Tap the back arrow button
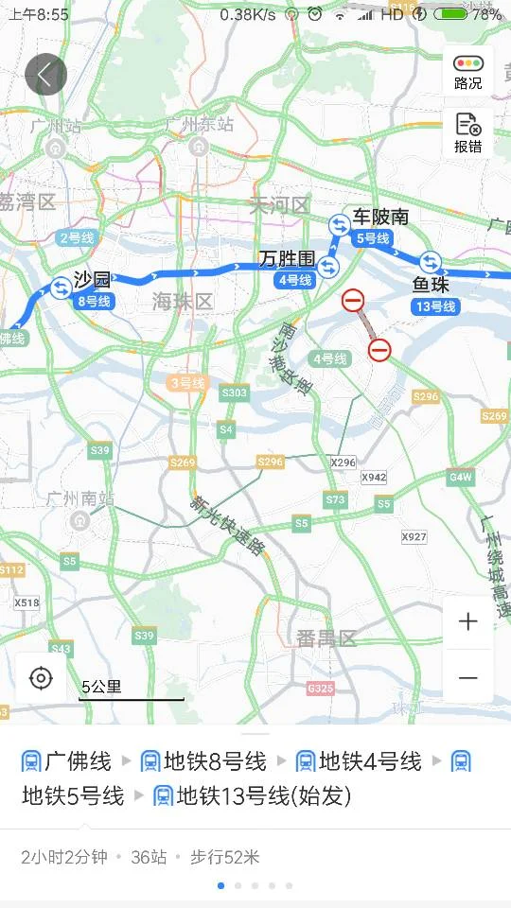pyautogui.click(x=45, y=74)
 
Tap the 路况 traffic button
pyautogui.click(x=467, y=71)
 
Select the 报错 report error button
pyautogui.click(x=467, y=133)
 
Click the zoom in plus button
pyautogui.click(x=467, y=621)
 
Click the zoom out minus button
pyautogui.click(x=467, y=678)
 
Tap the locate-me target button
pyautogui.click(x=41, y=678)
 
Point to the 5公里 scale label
pyautogui.click(x=101, y=688)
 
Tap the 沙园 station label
pyautogui.click(x=93, y=280)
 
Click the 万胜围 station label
pyautogui.click(x=287, y=258)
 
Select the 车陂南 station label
pyautogui.click(x=381, y=217)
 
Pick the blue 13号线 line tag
pyautogui.click(x=435, y=306)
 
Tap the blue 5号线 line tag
pyautogui.click(x=372, y=238)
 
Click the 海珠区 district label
pyautogui.click(x=183, y=302)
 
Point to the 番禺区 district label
pyautogui.click(x=326, y=638)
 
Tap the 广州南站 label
pyautogui.click(x=79, y=498)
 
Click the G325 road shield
pyautogui.click(x=321, y=689)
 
